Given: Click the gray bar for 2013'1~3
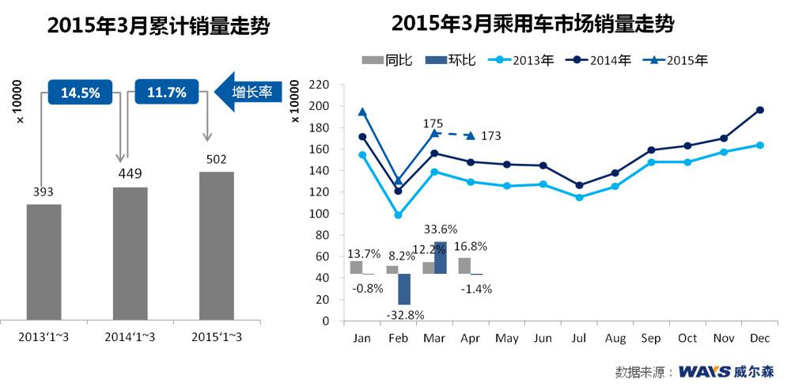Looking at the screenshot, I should [x=44, y=261].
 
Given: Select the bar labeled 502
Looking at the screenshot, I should [x=217, y=245].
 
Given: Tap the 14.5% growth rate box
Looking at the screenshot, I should [x=81, y=93].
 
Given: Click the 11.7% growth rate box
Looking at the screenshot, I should [x=167, y=93].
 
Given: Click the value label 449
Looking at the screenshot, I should [x=131, y=174].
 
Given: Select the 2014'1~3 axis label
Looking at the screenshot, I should [x=131, y=338].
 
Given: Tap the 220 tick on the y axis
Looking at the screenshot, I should [x=317, y=85].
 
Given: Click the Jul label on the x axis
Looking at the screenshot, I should [x=579, y=338].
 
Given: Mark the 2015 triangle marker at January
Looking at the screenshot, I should [x=362, y=112].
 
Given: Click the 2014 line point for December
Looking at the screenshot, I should [x=760, y=110].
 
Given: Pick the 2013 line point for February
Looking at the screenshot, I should [x=399, y=215].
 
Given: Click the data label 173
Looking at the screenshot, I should [x=490, y=136].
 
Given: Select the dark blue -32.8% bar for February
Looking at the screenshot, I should [x=404, y=290].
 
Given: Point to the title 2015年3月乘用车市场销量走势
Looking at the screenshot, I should [x=532, y=24].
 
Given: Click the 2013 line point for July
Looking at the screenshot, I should [x=579, y=197].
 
